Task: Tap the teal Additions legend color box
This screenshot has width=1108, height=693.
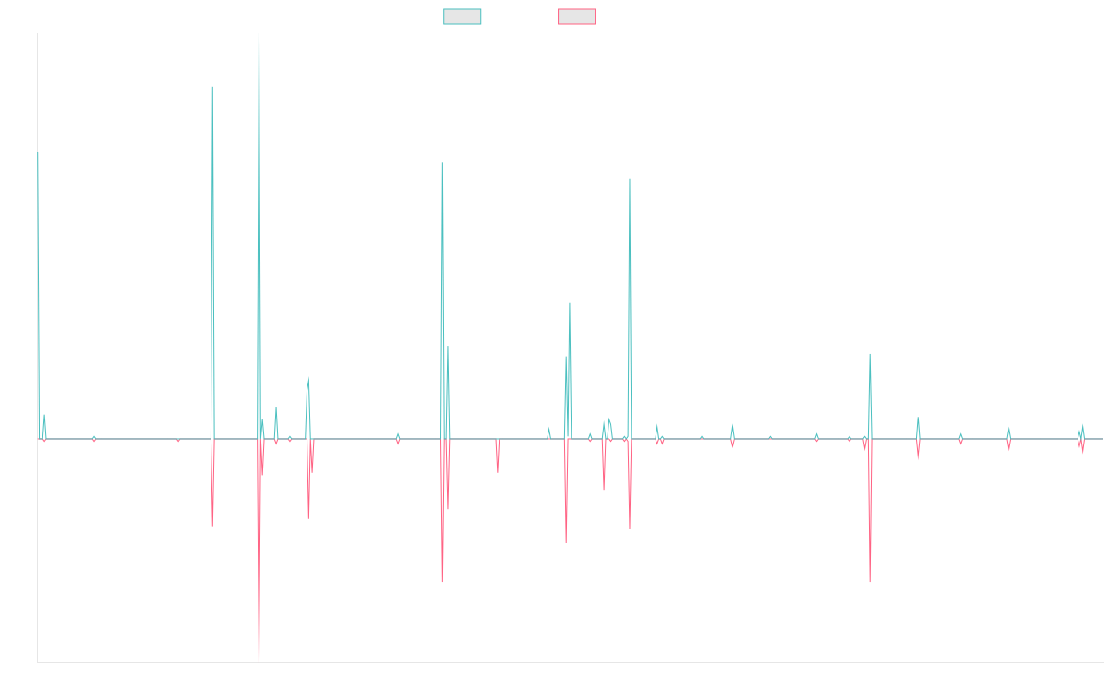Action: [x=463, y=17]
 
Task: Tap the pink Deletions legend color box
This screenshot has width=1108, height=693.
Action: [x=577, y=17]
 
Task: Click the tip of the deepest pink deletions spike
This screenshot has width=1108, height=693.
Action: [x=259, y=660]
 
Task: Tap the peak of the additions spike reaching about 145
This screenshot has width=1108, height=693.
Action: [x=212, y=87]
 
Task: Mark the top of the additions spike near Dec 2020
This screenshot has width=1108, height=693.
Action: [x=630, y=179]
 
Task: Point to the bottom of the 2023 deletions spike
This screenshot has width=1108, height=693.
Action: [x=870, y=582]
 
